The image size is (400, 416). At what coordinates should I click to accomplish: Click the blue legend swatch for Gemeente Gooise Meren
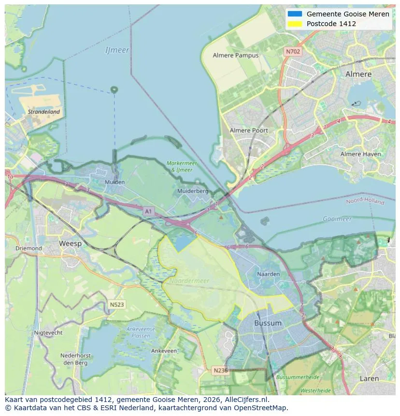point(294,14)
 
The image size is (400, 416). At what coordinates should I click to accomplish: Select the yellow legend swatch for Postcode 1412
point(294,24)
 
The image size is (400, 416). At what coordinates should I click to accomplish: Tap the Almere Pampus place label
point(236,56)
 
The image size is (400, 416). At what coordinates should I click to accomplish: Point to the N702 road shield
point(293,51)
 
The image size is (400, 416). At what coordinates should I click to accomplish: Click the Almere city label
point(358,74)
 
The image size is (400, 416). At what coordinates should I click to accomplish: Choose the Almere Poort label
point(248,130)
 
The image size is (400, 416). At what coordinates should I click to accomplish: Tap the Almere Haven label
point(360,154)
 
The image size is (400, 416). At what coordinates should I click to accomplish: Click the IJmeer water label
point(117,50)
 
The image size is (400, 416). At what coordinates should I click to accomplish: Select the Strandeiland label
point(44,112)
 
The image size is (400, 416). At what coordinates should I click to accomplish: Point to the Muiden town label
point(114,182)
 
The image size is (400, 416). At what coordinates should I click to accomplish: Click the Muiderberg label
point(193,191)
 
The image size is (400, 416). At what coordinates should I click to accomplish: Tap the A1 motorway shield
point(148,211)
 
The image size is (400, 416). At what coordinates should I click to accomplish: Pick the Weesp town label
point(70,244)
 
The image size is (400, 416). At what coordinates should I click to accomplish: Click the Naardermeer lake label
point(189,280)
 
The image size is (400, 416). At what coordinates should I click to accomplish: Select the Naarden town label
point(269,274)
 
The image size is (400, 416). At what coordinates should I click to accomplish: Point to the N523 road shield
point(116,304)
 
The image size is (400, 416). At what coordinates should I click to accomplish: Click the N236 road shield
point(220,370)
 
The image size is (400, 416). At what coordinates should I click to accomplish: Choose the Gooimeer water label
point(337,219)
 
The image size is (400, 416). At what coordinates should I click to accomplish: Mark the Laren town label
point(369,379)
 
